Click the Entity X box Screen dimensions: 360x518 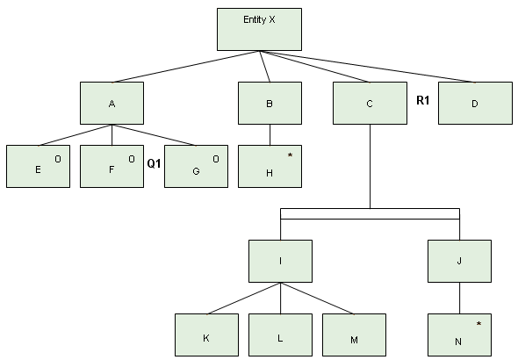coord(259,30)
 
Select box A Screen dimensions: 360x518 coord(112,103)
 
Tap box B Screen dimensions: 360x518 coord(270,103)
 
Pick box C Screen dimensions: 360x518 coord(370,103)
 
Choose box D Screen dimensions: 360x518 coord(474,103)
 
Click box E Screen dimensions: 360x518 coord(38,166)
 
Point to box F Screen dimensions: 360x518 coord(112,166)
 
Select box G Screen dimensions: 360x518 coord(195,166)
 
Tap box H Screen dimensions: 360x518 coord(270,166)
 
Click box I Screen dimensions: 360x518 coord(280,261)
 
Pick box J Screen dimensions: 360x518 coord(459,261)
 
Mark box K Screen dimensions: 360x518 coord(206,335)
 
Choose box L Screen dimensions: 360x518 coord(280,335)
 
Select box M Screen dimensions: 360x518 coord(354,335)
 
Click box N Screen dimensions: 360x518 coord(459,335)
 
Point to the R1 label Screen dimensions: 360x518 coord(422,101)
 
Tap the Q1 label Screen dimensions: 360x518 coord(154,163)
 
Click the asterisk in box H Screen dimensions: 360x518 coord(290,155)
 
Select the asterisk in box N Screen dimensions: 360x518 coord(478,324)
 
